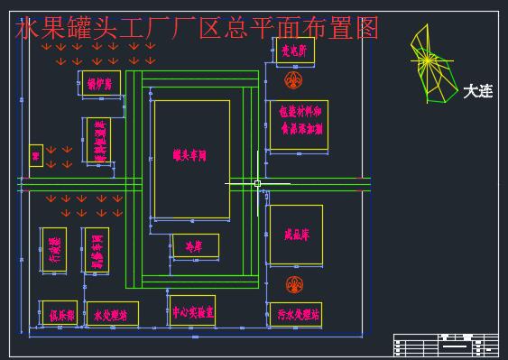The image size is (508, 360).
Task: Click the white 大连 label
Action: (x=477, y=91)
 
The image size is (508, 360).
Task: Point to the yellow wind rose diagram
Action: (x=428, y=63)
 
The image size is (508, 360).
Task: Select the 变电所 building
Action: (x=294, y=52)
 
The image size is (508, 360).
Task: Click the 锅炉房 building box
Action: (x=98, y=83)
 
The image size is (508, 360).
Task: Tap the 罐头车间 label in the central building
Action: (x=190, y=157)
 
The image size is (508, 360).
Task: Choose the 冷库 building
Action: (x=194, y=245)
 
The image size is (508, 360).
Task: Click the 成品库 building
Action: (x=295, y=234)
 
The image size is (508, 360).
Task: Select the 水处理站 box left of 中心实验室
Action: (x=111, y=315)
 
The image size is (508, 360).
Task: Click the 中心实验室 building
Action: (x=192, y=311)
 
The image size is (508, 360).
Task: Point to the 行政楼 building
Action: (x=53, y=249)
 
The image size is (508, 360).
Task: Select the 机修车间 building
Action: (x=95, y=249)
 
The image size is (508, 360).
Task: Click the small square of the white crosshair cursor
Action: (x=257, y=183)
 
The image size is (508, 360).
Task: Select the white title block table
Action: (x=445, y=344)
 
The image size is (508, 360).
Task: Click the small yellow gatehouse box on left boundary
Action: (x=36, y=155)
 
